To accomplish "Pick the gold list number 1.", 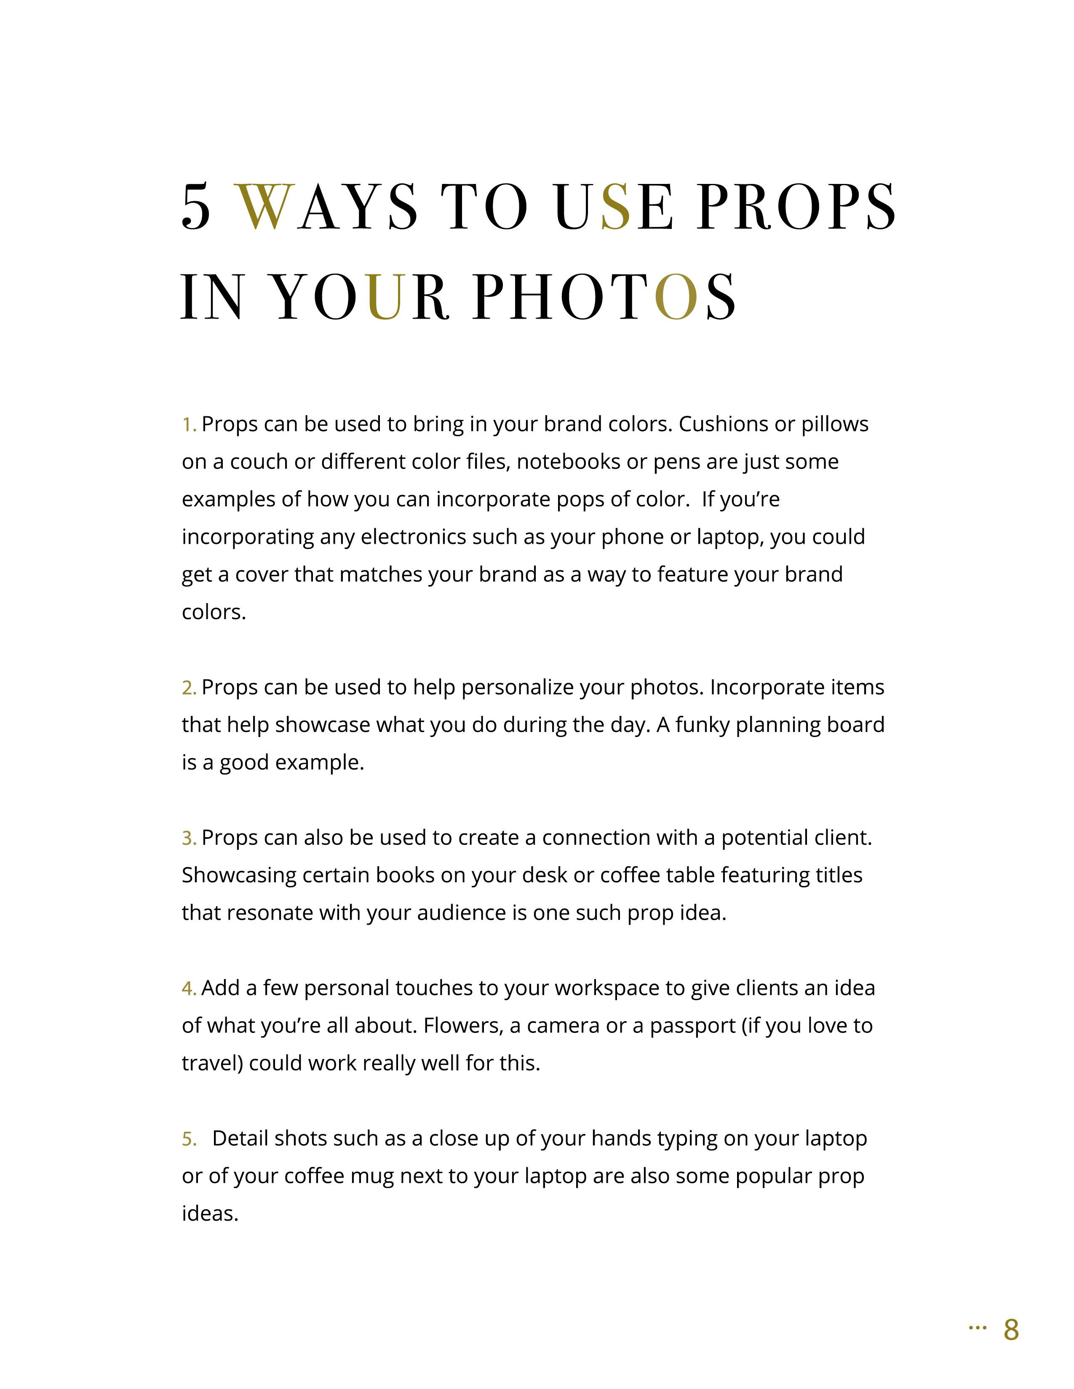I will tap(188, 424).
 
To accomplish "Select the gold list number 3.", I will tap(188, 838).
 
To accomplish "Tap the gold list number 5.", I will tap(188, 1139).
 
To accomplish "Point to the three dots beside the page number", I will tap(977, 1327).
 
